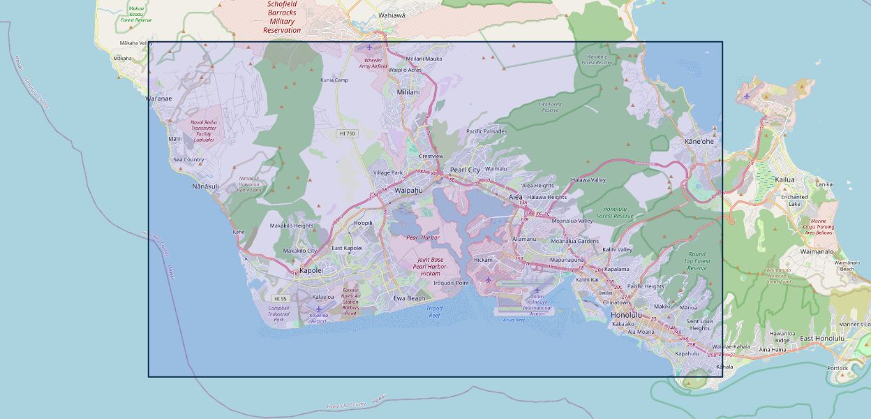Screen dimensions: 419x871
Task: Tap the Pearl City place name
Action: click(465, 170)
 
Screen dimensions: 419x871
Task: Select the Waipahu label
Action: click(409, 190)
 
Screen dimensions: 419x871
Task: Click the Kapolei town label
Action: click(310, 270)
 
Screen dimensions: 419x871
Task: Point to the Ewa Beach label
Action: click(409, 298)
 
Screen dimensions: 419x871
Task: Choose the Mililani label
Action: click(408, 91)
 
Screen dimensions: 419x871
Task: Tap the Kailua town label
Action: click(784, 179)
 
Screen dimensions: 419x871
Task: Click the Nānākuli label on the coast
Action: click(206, 186)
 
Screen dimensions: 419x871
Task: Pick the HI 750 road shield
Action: click(346, 133)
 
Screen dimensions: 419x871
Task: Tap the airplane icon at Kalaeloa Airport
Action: click(319, 308)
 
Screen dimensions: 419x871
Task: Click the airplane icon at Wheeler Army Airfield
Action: click(369, 47)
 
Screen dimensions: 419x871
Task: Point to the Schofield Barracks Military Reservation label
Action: click(282, 17)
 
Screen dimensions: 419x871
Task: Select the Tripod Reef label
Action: click(434, 311)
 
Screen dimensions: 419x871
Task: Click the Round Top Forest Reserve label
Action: click(697, 261)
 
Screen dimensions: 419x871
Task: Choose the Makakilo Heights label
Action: click(292, 226)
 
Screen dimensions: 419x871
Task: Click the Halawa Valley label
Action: click(588, 179)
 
